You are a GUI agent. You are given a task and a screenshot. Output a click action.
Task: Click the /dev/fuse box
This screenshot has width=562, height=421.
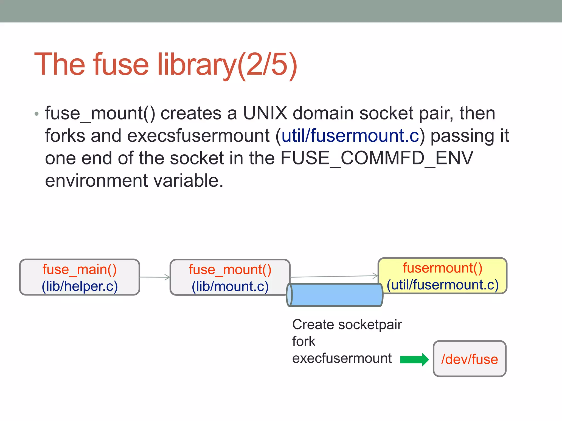click(470, 359)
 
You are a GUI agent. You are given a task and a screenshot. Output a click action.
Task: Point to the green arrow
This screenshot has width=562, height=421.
click(414, 359)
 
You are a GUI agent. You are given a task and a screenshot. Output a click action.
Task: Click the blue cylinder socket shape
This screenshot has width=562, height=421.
click(335, 295)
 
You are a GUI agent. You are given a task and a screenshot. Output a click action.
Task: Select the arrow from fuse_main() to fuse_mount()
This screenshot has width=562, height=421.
click(155, 277)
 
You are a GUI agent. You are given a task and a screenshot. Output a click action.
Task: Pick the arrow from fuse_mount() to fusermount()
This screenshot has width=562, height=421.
click(334, 276)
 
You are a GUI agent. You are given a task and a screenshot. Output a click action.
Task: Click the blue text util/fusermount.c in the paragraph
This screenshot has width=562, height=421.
click(350, 136)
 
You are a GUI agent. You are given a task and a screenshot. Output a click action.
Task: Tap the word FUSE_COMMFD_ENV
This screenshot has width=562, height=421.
click(376, 158)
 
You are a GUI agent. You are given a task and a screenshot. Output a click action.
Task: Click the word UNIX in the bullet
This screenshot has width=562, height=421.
click(265, 113)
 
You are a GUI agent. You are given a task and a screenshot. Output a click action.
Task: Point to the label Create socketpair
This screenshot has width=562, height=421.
click(347, 325)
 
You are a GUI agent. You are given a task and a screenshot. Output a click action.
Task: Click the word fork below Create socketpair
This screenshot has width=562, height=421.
click(304, 342)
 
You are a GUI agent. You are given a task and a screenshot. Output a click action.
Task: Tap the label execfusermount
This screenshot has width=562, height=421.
click(342, 359)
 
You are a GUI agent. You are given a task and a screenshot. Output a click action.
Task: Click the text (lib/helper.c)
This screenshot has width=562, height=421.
click(80, 286)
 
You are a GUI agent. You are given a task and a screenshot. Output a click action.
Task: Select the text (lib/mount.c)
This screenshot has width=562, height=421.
click(230, 286)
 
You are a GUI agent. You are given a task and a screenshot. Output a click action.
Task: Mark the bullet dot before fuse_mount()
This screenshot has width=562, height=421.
click(37, 114)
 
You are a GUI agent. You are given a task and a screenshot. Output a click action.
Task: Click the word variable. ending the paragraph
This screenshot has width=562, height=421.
click(188, 181)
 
